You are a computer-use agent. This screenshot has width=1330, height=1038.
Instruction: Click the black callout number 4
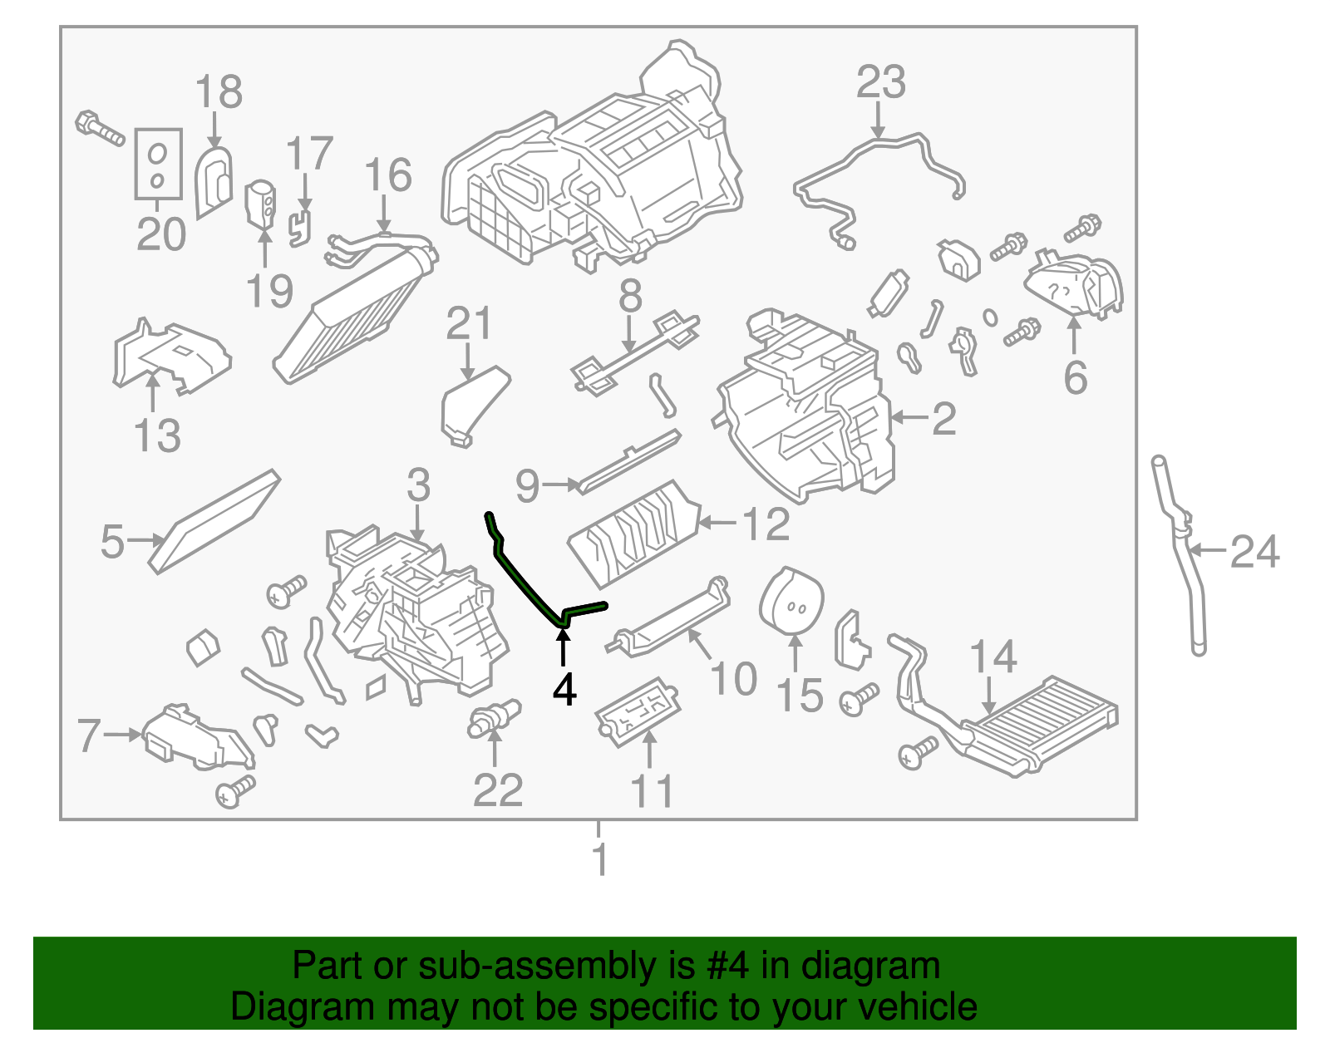564,691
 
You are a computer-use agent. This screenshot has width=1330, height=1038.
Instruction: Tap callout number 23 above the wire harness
880,82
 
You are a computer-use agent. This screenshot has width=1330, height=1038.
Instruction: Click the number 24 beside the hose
1254,552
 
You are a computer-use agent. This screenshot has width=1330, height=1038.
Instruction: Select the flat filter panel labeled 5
214,522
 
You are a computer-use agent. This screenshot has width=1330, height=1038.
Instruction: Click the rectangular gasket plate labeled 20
158,164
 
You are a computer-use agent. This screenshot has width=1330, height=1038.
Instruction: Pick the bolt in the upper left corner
99,129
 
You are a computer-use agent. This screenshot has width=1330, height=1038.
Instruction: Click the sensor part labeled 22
494,717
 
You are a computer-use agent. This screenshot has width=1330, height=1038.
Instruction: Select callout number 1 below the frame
599,859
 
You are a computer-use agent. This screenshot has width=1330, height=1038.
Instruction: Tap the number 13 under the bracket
157,435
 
